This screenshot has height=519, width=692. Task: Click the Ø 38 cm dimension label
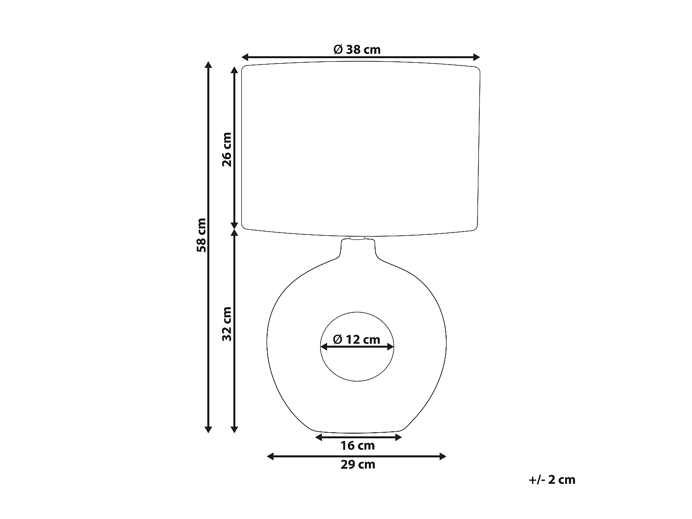tap(357, 49)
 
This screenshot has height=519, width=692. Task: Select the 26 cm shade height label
tap(227, 149)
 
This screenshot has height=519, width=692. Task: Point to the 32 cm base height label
tap(227, 324)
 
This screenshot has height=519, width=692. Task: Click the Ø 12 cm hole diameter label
tap(357, 340)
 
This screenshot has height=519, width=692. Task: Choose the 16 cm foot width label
tap(358, 446)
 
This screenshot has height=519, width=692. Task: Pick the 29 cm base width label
tap(358, 465)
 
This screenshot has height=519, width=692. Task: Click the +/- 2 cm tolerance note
tap(552, 480)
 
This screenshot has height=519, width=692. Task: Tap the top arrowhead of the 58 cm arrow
tap(208, 65)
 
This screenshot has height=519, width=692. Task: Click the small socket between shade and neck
tap(358, 239)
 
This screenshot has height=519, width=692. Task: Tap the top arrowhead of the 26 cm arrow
tap(234, 70)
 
